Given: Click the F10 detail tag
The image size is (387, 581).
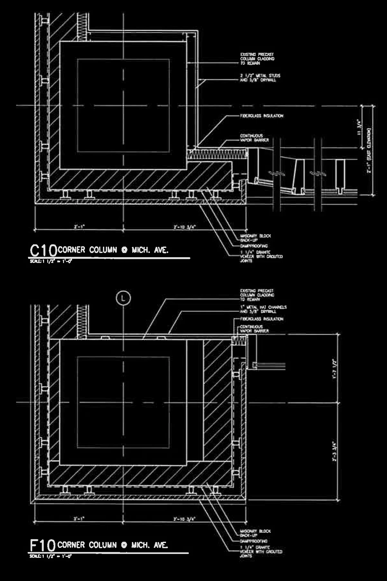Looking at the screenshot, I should point(43,545).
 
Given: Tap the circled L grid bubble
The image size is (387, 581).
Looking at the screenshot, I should point(123,298).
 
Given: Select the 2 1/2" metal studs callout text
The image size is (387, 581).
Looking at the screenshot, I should point(260,78).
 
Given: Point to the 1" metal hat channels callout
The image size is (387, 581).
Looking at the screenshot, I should point(263,309).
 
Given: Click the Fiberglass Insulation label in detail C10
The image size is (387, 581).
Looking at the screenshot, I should point(262,116).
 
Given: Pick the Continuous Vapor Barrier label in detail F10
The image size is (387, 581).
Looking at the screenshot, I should point(254,329).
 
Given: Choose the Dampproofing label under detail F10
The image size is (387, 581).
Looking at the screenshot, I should point(253,541).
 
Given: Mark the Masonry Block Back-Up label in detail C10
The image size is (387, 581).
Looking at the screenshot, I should point(255,238).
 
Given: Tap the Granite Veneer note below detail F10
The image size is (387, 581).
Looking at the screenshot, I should point(261,551).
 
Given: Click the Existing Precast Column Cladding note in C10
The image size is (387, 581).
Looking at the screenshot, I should point(257,59).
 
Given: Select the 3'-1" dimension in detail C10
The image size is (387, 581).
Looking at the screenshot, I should point(79,227).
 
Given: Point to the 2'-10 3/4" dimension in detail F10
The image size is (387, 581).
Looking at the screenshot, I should point(184,519).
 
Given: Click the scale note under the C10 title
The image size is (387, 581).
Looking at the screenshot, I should point(51,261).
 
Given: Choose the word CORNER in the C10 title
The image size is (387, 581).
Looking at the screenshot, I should point(72,250).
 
